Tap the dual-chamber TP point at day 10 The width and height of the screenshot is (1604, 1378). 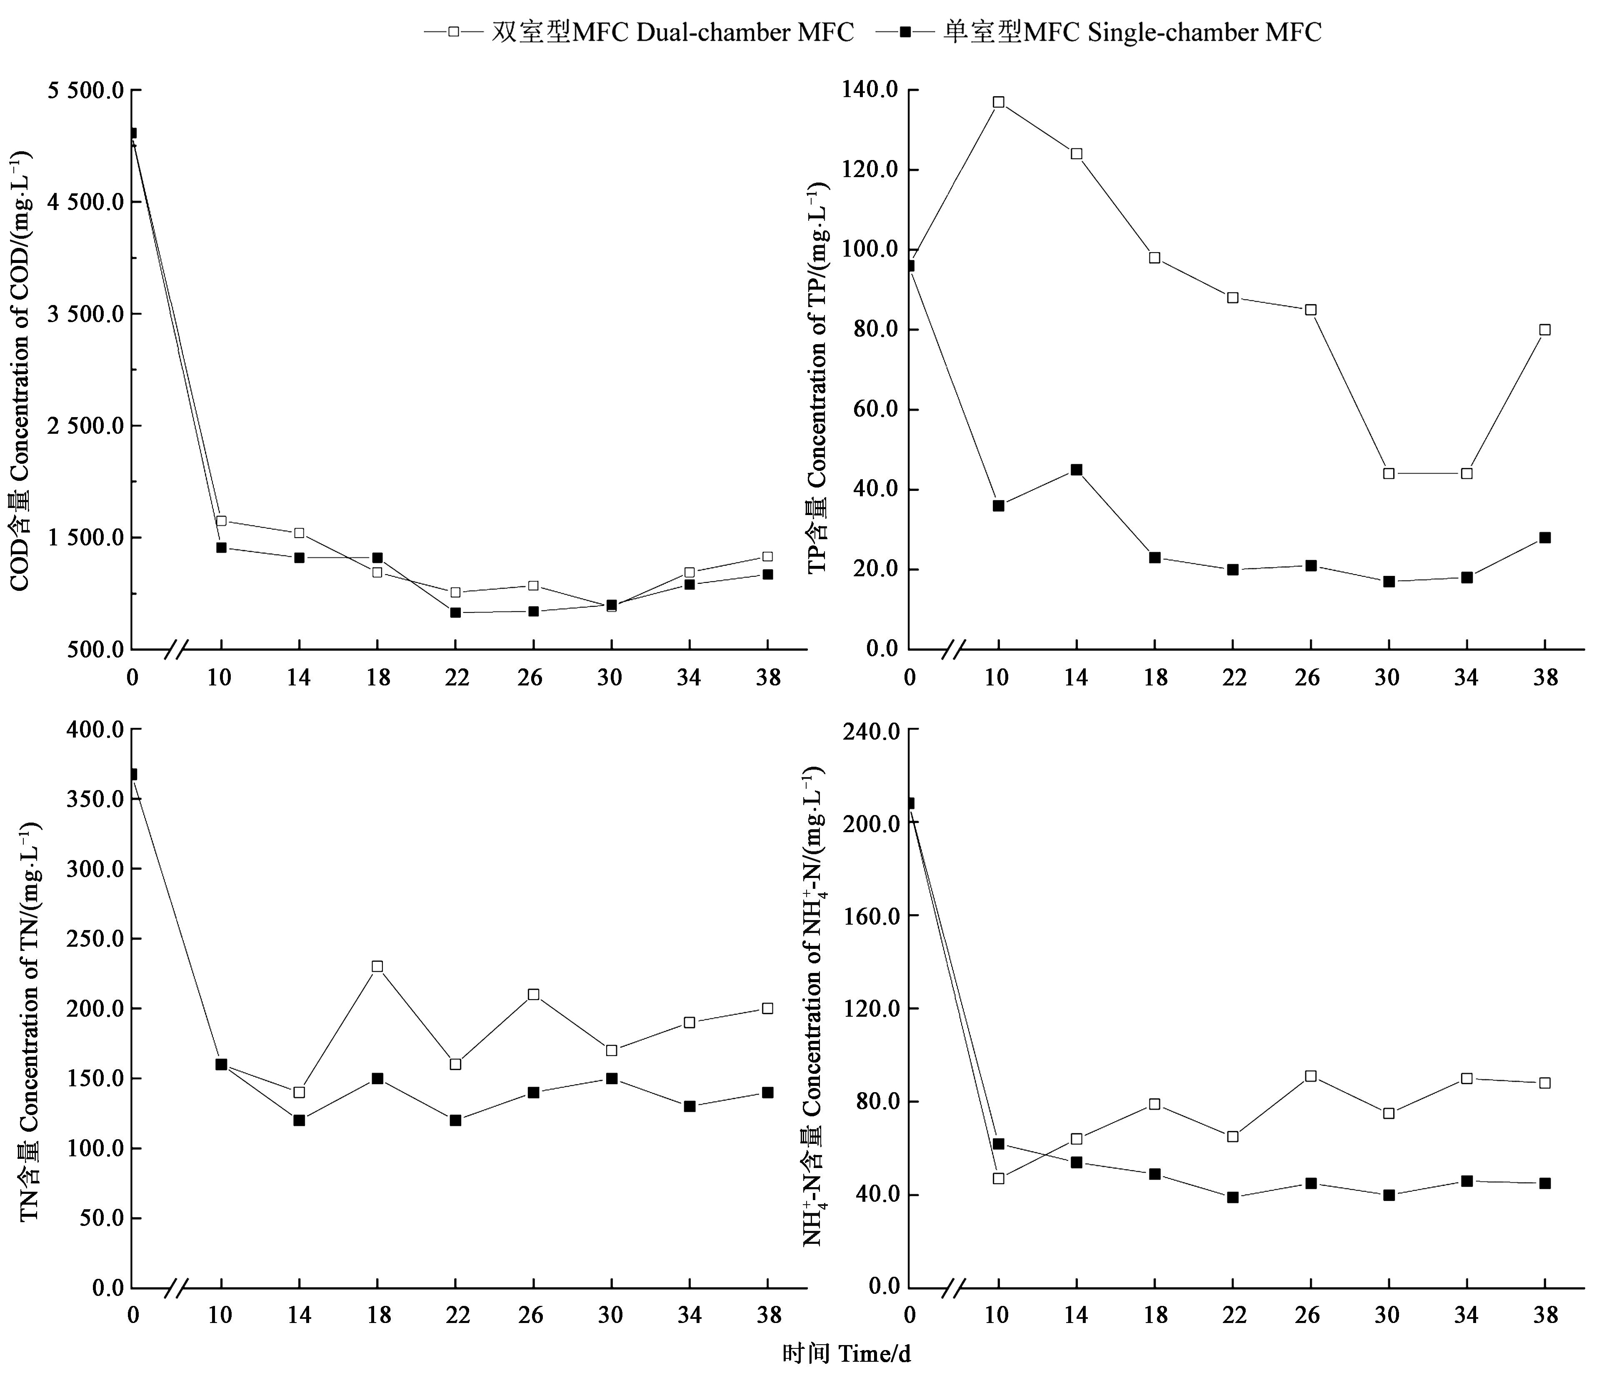[999, 102]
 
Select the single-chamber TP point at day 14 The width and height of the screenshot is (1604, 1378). [1076, 470]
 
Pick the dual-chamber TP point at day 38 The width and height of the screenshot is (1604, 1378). [1544, 330]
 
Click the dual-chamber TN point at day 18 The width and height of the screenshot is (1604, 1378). [377, 967]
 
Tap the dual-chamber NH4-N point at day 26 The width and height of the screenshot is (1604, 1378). [1311, 1076]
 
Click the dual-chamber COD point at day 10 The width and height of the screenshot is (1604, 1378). [221, 521]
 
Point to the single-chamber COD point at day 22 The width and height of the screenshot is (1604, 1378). [455, 613]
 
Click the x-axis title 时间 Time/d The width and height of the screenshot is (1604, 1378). [845, 1354]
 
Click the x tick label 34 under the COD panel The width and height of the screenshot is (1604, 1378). [688, 678]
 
